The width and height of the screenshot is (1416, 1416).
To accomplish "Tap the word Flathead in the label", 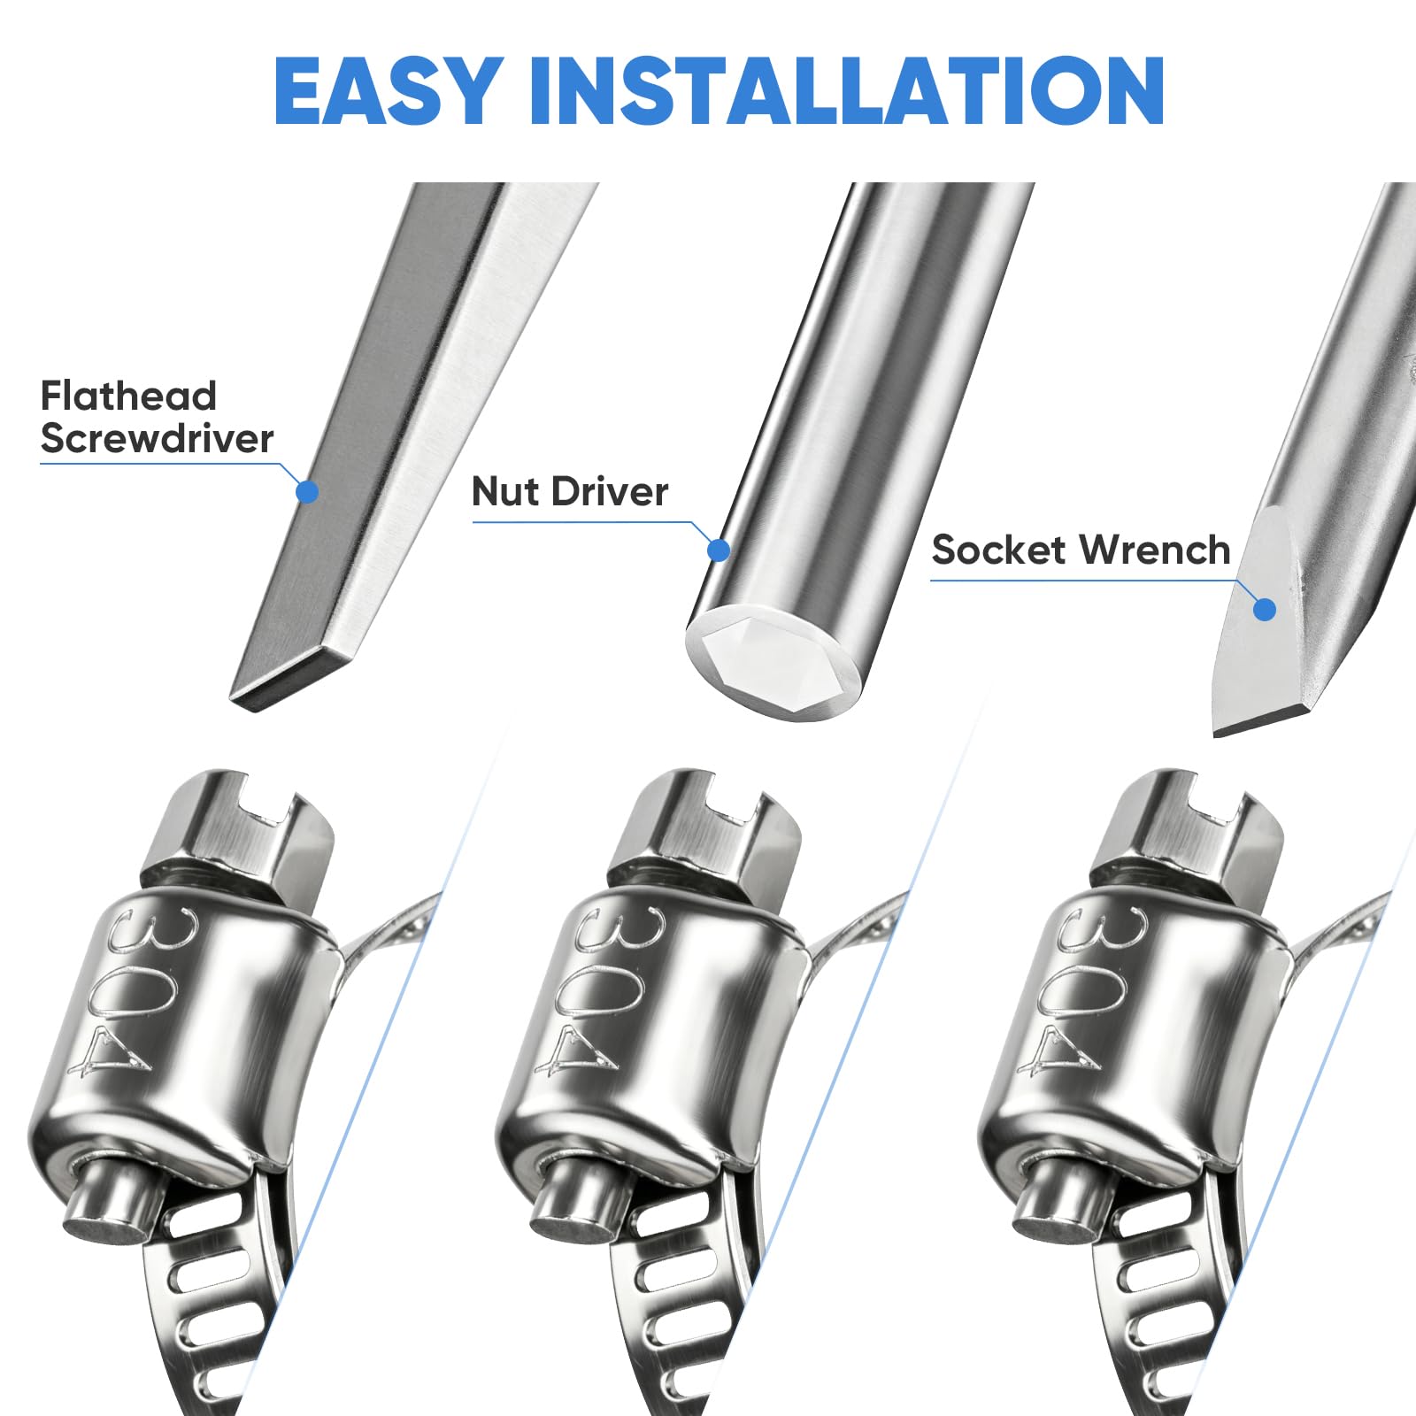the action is pyautogui.click(x=128, y=396).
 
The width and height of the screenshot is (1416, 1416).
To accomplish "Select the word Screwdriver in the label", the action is pyautogui.click(x=158, y=438).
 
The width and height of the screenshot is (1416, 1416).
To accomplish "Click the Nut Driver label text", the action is pyautogui.click(x=570, y=491).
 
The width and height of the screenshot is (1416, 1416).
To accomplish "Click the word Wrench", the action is pyautogui.click(x=1154, y=550).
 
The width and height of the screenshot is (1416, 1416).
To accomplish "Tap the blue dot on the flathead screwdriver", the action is pyautogui.click(x=307, y=492).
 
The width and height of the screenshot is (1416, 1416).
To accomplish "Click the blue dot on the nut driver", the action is pyautogui.click(x=720, y=550).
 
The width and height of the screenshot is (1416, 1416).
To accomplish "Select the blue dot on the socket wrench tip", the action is pyautogui.click(x=1266, y=609).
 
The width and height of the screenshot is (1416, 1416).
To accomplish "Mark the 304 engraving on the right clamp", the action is pyautogui.click(x=1084, y=991).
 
